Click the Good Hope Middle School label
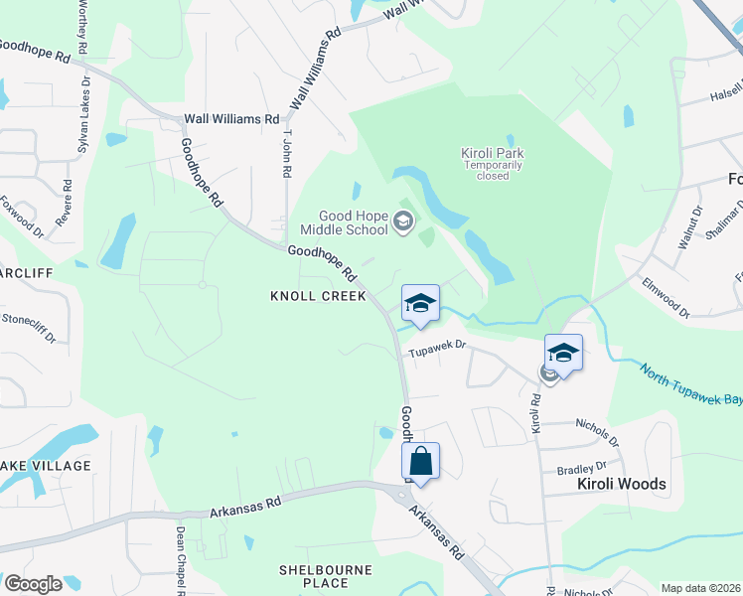(x=353, y=223)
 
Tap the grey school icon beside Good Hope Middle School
(x=403, y=223)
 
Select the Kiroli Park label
(x=492, y=159)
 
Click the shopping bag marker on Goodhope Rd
(x=420, y=462)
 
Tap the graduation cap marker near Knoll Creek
(x=420, y=304)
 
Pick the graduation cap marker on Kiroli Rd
(x=563, y=354)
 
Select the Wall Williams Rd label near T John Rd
(x=231, y=119)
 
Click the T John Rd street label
(x=287, y=155)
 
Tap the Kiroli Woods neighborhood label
(x=621, y=485)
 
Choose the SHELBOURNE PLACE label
(x=325, y=576)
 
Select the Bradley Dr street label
(x=580, y=465)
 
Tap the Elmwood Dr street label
(x=665, y=297)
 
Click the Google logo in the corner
(x=33, y=584)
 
